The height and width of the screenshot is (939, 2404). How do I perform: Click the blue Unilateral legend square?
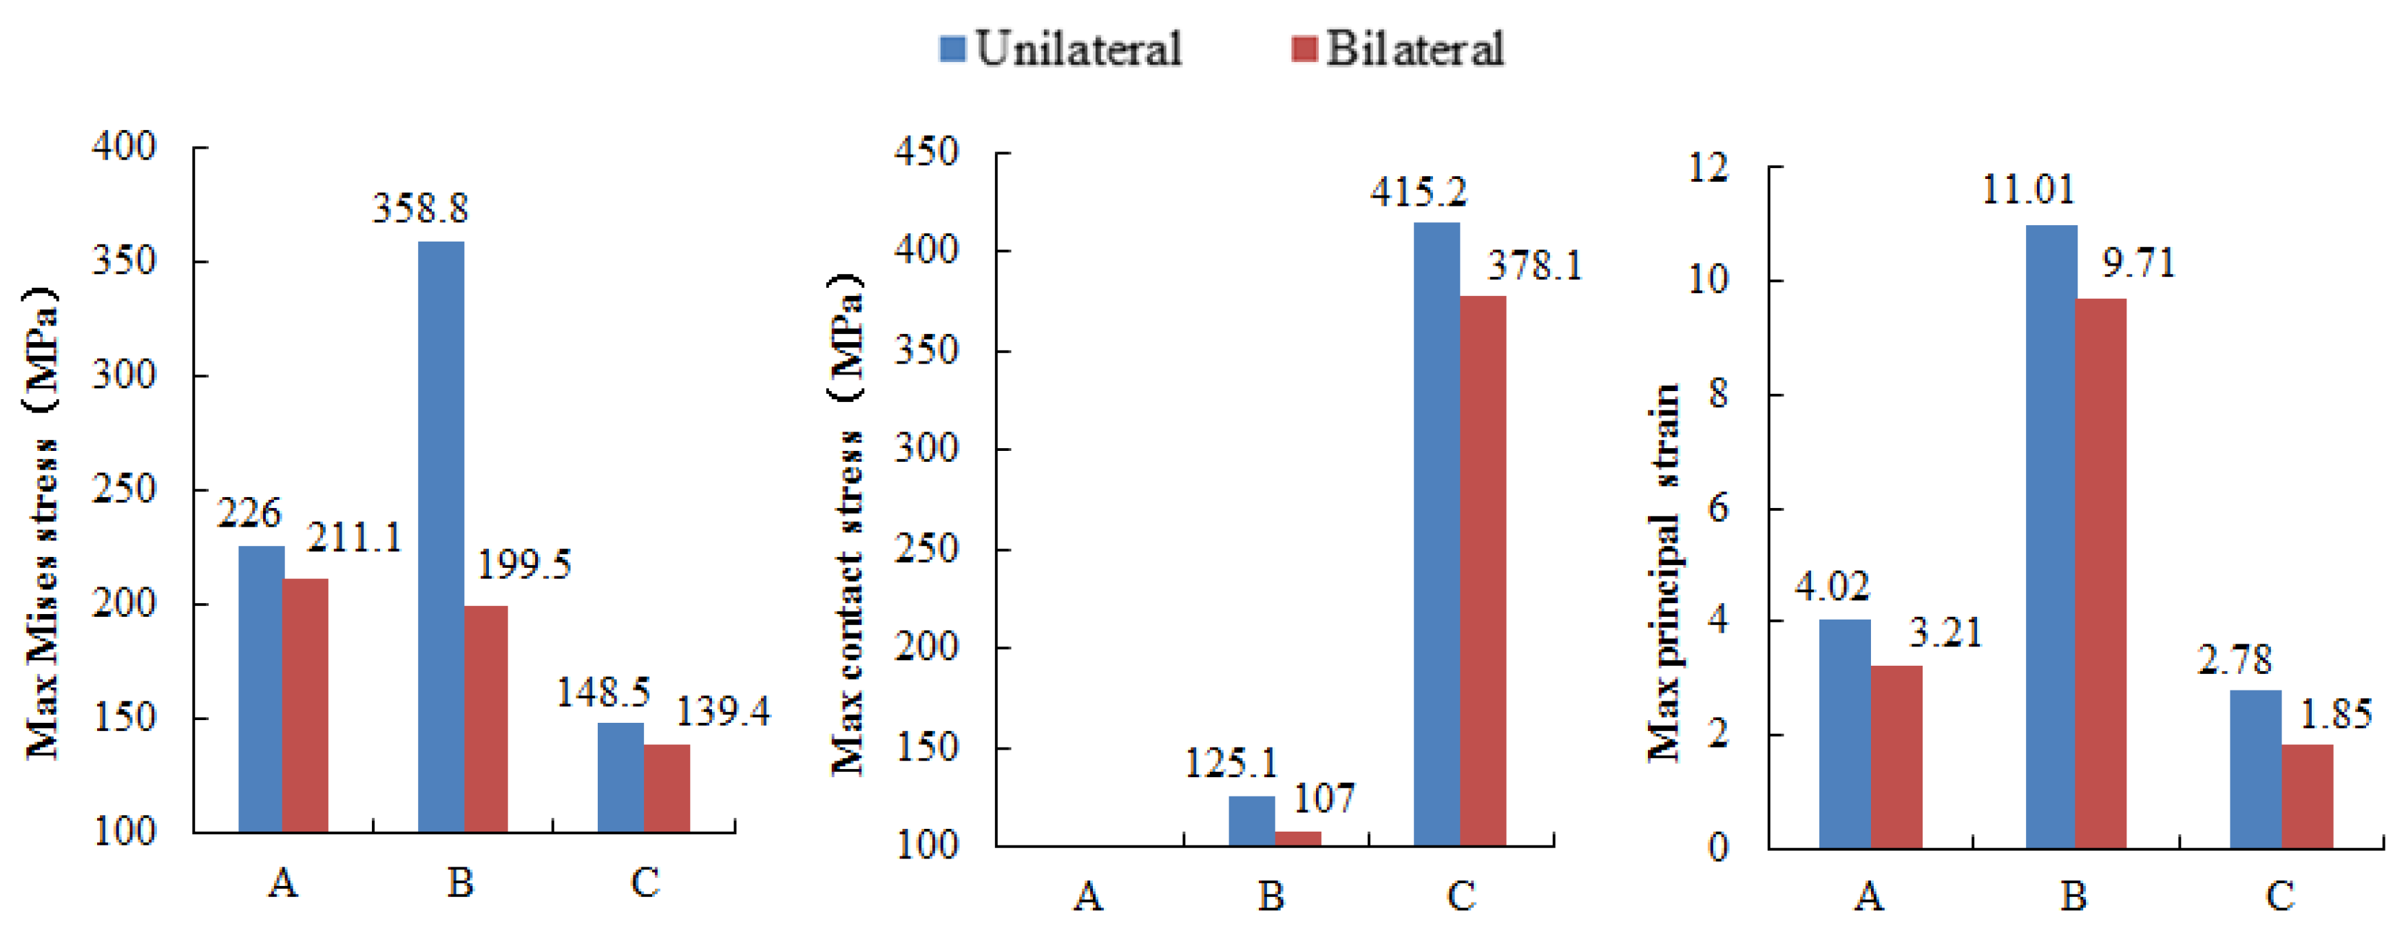pos(952,49)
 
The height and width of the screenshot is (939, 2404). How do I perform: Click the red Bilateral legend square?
pos(1304,49)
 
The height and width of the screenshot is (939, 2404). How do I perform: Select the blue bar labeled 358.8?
pos(441,537)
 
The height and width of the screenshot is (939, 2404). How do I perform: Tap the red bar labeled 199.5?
pos(486,719)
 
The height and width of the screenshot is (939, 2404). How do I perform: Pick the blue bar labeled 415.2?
pos(1436,534)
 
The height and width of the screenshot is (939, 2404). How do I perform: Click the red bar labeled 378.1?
pos(1483,571)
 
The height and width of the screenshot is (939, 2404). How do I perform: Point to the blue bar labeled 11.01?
pos(2051,537)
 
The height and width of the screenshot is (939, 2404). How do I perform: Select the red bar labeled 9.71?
pos(2101,573)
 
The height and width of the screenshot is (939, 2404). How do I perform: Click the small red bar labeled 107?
pos(1298,838)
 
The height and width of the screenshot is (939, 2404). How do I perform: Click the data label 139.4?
pos(722,713)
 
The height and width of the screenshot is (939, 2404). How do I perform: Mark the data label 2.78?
pos(2234,661)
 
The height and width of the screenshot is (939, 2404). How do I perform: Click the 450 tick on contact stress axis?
pos(926,152)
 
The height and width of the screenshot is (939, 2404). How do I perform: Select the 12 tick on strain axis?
pos(1708,168)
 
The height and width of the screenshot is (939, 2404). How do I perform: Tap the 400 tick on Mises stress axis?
pos(124,147)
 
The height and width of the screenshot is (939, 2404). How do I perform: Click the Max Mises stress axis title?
pos(41,523)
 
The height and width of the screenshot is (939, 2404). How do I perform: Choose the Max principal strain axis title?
pos(1664,571)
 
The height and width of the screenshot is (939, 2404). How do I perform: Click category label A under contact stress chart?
pos(1088,897)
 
